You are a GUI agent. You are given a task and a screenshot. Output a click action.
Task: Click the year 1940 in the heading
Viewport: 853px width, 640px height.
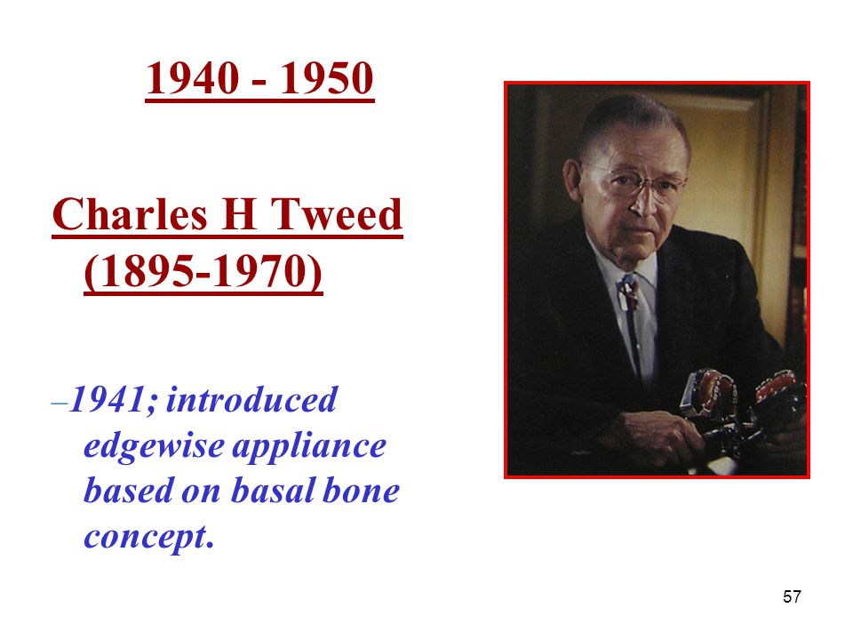(x=193, y=78)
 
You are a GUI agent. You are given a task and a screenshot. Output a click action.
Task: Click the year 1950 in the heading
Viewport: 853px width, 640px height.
(x=326, y=78)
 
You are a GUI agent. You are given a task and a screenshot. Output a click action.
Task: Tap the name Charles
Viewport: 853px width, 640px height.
(x=130, y=214)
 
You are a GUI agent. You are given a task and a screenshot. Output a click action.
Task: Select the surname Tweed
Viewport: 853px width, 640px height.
(x=336, y=214)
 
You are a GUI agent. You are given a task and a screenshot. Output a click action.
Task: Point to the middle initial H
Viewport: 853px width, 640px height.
(x=239, y=214)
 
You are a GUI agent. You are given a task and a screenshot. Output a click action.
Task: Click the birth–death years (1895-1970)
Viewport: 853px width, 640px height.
(x=203, y=271)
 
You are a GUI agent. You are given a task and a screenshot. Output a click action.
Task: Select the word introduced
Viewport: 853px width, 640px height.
(x=251, y=400)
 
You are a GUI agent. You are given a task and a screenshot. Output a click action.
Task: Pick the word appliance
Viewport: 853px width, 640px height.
(x=309, y=447)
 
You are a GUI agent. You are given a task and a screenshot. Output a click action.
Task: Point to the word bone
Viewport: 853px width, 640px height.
(x=362, y=491)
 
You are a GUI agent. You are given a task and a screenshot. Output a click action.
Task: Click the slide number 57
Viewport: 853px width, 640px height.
(x=792, y=596)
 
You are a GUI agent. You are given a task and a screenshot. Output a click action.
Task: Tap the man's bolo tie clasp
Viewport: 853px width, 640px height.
(x=628, y=294)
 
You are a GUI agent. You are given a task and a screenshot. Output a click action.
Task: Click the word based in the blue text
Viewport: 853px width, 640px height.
(x=128, y=491)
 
